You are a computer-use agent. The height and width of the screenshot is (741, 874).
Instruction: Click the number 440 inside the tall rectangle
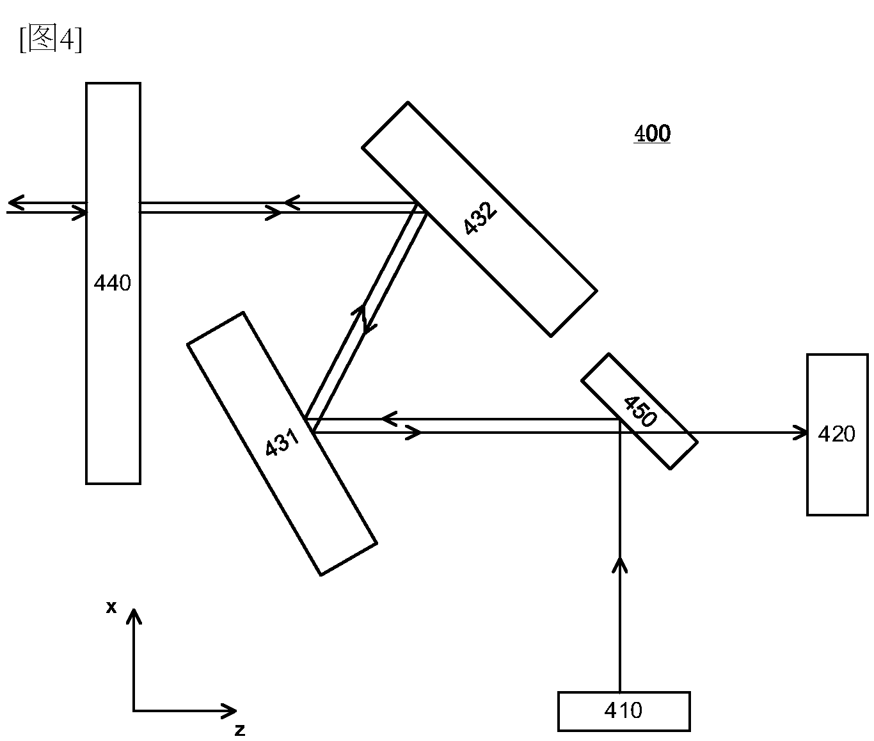point(113,283)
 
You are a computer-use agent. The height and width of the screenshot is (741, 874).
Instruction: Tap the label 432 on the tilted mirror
point(480,218)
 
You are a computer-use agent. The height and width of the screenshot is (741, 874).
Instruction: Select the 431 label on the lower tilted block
point(282,442)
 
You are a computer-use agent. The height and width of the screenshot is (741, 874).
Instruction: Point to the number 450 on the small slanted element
point(640,411)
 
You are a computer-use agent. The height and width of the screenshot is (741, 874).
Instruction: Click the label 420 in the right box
point(836,434)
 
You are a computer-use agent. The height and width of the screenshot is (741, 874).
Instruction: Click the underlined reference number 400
point(652,134)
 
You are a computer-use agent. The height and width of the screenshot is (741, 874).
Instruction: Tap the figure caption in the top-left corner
point(51,39)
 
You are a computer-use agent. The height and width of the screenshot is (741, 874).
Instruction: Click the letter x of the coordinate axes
point(111,607)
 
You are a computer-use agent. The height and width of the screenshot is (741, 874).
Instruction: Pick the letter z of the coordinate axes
point(240,730)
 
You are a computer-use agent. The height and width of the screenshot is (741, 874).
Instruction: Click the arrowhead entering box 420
point(800,433)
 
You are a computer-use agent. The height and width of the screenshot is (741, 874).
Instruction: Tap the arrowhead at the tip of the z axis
point(229,710)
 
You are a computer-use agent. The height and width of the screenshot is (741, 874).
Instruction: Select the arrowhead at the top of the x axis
point(134,617)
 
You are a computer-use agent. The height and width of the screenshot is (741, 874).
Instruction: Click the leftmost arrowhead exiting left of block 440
point(16,203)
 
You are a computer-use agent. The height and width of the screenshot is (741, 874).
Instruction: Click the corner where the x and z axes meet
point(134,711)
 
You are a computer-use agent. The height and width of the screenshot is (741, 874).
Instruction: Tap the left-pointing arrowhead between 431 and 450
point(390,418)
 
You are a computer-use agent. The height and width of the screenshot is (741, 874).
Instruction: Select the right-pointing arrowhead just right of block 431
point(413,433)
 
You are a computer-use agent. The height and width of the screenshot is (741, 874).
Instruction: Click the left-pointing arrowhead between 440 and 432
point(292,203)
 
